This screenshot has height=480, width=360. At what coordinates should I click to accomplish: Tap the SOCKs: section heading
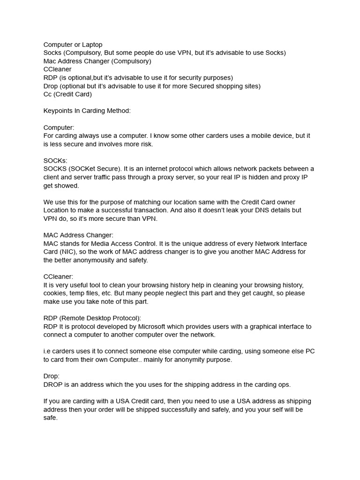pyautogui.click(x=55, y=160)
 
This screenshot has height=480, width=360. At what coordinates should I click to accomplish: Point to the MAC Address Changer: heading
pyautogui.click(x=78, y=235)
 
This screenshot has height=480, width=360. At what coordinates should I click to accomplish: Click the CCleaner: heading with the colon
pyautogui.click(x=58, y=277)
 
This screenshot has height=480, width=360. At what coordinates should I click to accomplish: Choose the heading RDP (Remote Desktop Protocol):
pyautogui.click(x=92, y=318)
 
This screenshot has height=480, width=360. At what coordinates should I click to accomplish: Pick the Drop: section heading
pyautogui.click(x=52, y=376)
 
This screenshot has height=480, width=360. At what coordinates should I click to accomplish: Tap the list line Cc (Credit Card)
pyautogui.click(x=67, y=94)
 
